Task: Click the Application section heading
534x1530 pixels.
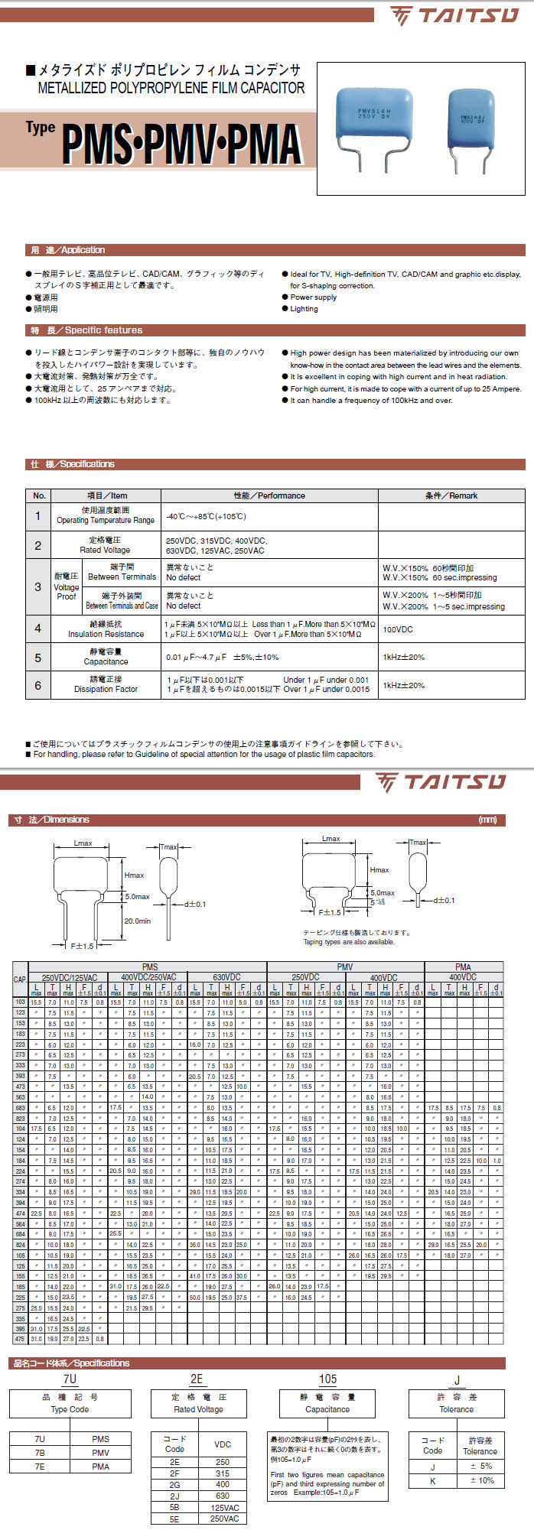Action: pos(68,250)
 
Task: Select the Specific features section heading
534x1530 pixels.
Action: pos(86,330)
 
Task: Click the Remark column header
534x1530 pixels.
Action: pos(451,495)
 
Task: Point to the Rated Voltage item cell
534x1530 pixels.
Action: pos(105,545)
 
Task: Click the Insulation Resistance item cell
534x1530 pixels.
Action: pos(106,629)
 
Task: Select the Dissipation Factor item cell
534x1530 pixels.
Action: pos(106,684)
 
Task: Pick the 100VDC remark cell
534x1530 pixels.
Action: pos(399,629)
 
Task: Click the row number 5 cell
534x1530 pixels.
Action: pos(38,658)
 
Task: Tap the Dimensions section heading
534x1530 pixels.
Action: pos(52,820)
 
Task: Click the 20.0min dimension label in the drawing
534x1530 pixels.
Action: pos(138,921)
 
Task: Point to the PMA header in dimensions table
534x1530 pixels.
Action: pos(463,967)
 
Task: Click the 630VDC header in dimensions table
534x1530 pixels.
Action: pos(226,977)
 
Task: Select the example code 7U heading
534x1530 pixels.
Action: pos(70,1379)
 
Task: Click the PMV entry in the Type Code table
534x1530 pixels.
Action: pos(101,1453)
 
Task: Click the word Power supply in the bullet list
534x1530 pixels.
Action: pos(314,297)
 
